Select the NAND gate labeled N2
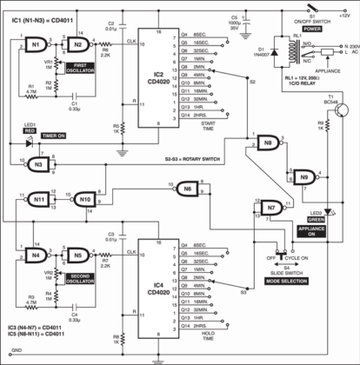[78, 43]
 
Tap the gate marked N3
[36, 164]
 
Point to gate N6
[185, 189]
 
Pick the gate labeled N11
[39, 200]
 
